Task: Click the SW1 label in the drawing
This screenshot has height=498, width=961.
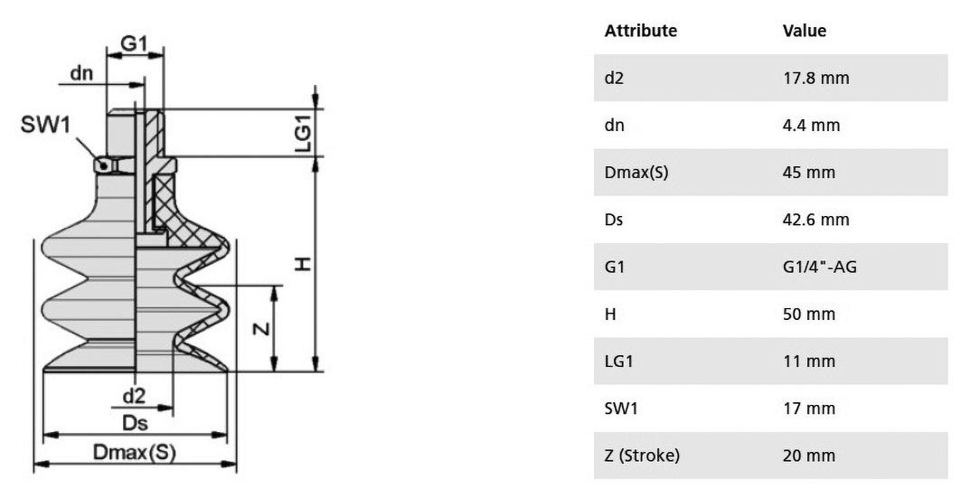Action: click(46, 125)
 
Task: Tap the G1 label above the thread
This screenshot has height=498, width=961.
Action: click(134, 43)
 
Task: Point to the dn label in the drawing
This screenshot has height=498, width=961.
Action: click(81, 73)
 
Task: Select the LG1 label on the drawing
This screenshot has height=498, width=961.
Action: click(303, 133)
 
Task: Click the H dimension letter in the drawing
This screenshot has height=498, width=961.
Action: click(303, 264)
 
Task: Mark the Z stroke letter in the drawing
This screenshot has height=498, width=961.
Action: click(262, 329)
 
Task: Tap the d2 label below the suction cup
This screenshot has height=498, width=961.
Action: click(134, 396)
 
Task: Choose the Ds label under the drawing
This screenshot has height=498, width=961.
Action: click(135, 423)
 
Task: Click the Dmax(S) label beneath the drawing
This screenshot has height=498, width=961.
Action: click(134, 452)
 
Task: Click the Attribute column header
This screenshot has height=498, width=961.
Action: click(640, 31)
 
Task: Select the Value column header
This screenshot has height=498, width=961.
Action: click(804, 31)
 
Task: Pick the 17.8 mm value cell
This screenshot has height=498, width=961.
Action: click(815, 78)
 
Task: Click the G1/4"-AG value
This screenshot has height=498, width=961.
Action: click(819, 267)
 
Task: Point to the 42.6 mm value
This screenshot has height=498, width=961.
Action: click(815, 220)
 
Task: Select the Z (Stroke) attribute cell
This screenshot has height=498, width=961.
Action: click(642, 456)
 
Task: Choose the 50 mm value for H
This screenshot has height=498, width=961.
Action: click(808, 314)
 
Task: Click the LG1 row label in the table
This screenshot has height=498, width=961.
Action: click(618, 361)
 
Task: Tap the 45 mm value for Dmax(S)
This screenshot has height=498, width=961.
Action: click(808, 172)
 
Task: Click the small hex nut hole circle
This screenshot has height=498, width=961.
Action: click(105, 165)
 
